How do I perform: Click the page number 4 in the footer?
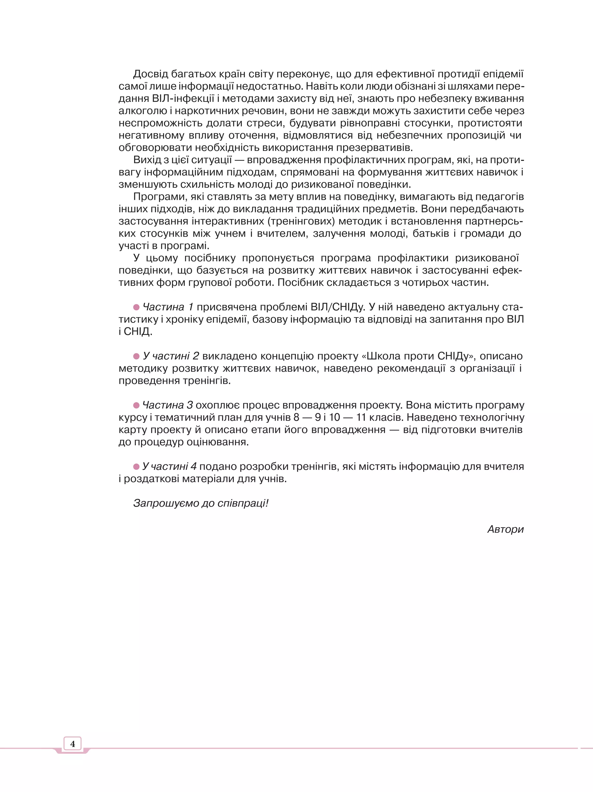coord(73,744)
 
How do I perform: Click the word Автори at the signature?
coord(505,529)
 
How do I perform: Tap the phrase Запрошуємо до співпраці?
coord(201,503)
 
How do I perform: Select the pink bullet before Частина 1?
coord(136,307)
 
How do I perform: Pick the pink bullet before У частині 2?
coord(136,356)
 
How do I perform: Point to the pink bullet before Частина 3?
coord(136,405)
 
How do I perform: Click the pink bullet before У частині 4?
coord(136,466)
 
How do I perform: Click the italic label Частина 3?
coord(167,405)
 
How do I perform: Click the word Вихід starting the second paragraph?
coord(147,160)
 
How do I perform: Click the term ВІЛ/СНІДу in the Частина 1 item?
coord(338,307)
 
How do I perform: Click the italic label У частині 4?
coord(170,466)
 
